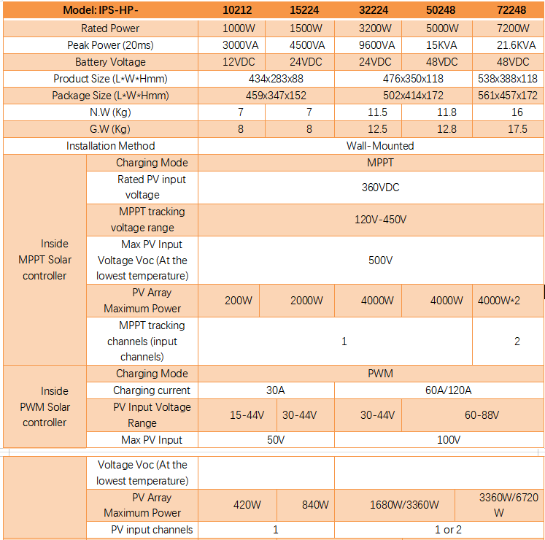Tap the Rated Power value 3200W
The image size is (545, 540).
tap(376, 28)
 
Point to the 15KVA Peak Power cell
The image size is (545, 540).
tap(443, 45)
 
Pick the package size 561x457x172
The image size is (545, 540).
tap(508, 96)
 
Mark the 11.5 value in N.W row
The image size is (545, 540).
tap(377, 112)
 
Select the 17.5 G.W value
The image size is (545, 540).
tap(517, 129)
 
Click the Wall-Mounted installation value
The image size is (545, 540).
tap(380, 146)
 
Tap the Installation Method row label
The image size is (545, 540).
tap(111, 146)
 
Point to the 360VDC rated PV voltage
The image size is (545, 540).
tap(380, 188)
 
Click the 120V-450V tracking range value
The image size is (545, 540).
tap(380, 220)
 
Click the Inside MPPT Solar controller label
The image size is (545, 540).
tap(45, 260)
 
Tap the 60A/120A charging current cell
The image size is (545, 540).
tap(448, 390)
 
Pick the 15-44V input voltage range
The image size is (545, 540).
tap(247, 415)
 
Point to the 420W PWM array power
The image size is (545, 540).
tap(247, 505)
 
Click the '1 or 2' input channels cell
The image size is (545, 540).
tap(448, 530)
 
